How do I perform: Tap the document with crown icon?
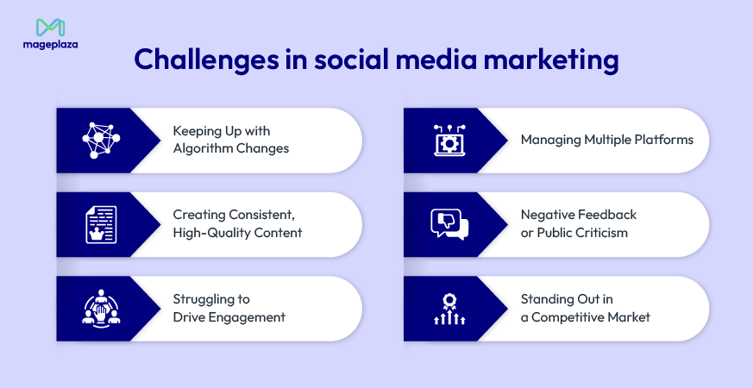(102, 224)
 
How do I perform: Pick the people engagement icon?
(102, 308)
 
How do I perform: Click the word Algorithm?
(204, 148)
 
